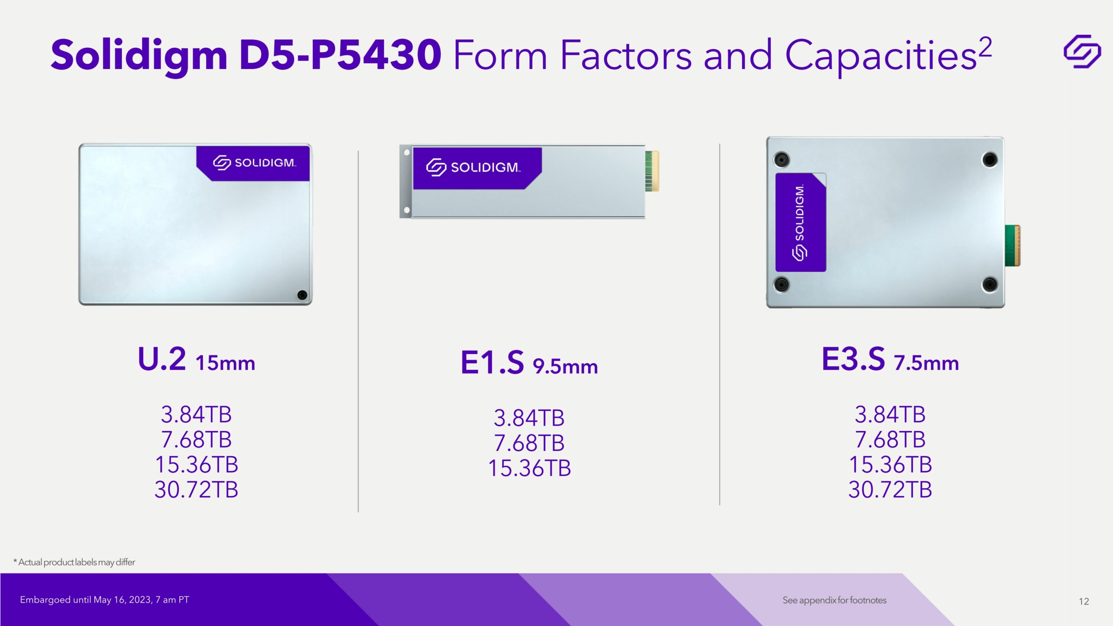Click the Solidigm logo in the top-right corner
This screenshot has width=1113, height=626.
pyautogui.click(x=1082, y=52)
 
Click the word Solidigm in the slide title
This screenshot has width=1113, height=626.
pyautogui.click(x=139, y=55)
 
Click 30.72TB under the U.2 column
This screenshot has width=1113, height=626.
pyautogui.click(x=196, y=490)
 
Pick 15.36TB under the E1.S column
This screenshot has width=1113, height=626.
pyautogui.click(x=529, y=468)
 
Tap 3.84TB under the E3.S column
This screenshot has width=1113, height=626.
pyautogui.click(x=890, y=414)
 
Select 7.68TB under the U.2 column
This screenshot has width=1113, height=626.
pyautogui.click(x=196, y=439)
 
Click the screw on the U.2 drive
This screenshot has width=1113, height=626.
pyautogui.click(x=302, y=295)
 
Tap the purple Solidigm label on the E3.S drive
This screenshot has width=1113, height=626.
pyautogui.click(x=801, y=223)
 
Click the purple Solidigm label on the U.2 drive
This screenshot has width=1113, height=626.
pyautogui.click(x=254, y=163)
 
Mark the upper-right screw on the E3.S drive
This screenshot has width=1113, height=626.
pyautogui.click(x=990, y=160)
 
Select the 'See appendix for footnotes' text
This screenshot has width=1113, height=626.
pyautogui.click(x=834, y=600)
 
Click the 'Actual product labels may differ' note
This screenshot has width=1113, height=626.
pyautogui.click(x=74, y=562)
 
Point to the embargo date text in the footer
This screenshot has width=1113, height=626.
pyautogui.click(x=105, y=600)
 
